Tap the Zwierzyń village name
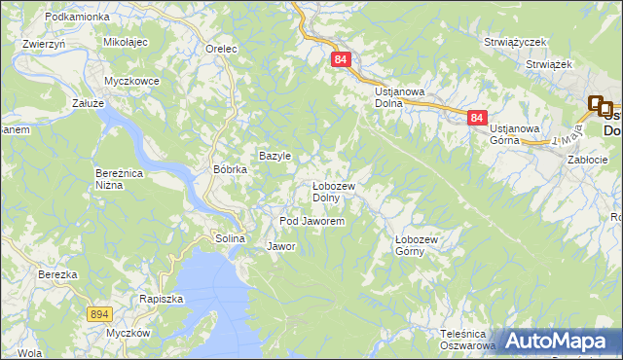point(43,44)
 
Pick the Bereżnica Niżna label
point(119,179)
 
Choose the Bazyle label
point(275,156)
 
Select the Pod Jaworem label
point(311,222)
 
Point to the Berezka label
point(57,274)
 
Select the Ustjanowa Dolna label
point(401,97)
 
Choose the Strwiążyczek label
point(516,42)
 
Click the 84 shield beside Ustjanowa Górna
point(476,117)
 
